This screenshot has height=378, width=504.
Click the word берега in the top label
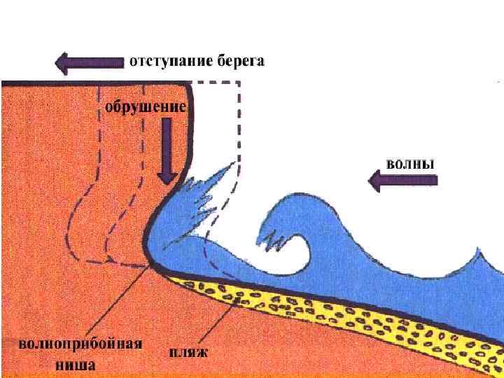pyautogui.click(x=240, y=62)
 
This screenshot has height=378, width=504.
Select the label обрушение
pyautogui.click(x=146, y=108)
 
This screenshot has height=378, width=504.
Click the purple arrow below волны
pyautogui.click(x=402, y=183)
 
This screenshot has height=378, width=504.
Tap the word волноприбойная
pyautogui.click(x=80, y=344)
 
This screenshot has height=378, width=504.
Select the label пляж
pyautogui.click(x=187, y=351)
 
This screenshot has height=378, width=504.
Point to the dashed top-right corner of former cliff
pyautogui.click(x=239, y=83)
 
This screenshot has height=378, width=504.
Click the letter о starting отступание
pyautogui.click(x=134, y=62)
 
